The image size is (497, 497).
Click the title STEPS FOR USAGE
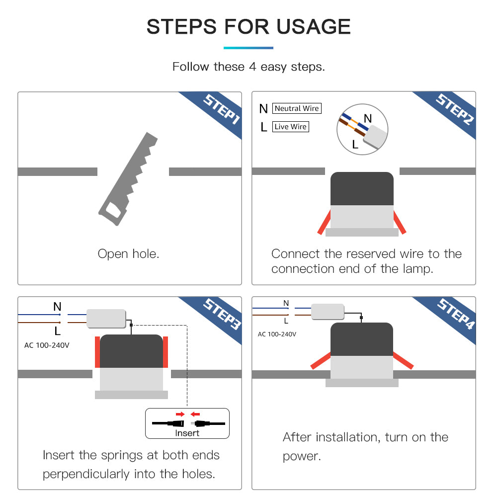pos(248,26)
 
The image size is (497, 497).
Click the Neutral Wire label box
pos(297,108)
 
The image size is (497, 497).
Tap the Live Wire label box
pos(291,127)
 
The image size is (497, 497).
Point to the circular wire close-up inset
pos(362,129)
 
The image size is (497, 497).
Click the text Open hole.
pos(128,254)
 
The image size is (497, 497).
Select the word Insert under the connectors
pos(187,433)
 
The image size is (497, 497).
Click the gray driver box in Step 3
pos(106,318)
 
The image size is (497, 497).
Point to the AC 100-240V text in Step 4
pos(277,334)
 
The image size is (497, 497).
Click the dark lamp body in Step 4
pos(362,339)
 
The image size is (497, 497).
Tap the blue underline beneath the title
pos(248,48)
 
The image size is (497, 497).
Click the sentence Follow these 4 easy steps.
pos(248,67)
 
